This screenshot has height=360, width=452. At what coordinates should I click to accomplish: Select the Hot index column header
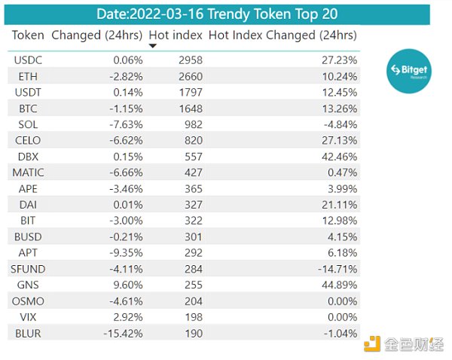tap(175, 35)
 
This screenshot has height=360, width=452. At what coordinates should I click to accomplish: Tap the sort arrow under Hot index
tap(153, 46)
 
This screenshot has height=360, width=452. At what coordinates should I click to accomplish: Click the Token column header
tap(29, 35)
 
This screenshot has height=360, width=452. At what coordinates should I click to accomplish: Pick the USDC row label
tap(28, 60)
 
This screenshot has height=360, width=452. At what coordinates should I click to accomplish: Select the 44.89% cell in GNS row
tap(336, 285)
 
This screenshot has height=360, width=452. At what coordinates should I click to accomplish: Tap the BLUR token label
tap(28, 333)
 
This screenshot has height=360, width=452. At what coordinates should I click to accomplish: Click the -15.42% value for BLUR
tap(123, 333)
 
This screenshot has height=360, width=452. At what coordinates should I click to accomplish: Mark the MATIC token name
tap(30, 172)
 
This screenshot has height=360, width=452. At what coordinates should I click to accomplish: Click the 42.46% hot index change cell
tap(336, 157)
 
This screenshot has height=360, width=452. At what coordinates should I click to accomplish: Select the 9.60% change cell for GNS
tap(127, 285)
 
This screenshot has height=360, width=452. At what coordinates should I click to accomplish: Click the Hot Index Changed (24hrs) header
tap(282, 35)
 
